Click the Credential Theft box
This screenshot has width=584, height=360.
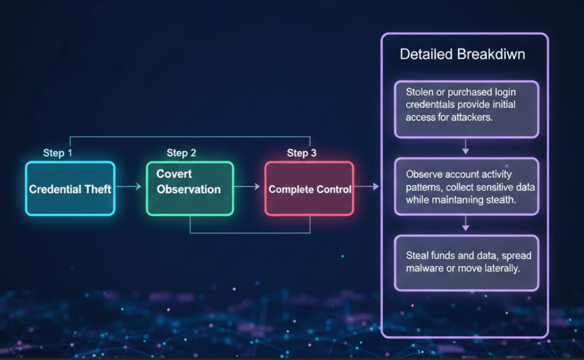(x=70, y=189)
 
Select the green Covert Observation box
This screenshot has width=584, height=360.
(x=189, y=188)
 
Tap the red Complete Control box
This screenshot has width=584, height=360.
(x=309, y=189)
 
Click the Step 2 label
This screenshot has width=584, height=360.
(x=181, y=153)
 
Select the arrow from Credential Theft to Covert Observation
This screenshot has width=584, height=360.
(x=131, y=187)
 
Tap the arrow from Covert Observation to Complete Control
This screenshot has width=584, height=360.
(x=249, y=187)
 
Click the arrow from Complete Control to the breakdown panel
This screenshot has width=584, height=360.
(x=367, y=187)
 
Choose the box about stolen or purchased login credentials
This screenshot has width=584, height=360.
(x=466, y=110)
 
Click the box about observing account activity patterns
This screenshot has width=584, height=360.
(x=466, y=187)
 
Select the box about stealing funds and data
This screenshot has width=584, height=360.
(x=466, y=263)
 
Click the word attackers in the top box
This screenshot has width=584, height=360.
(x=473, y=118)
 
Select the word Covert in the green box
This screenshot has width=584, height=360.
(x=174, y=173)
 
